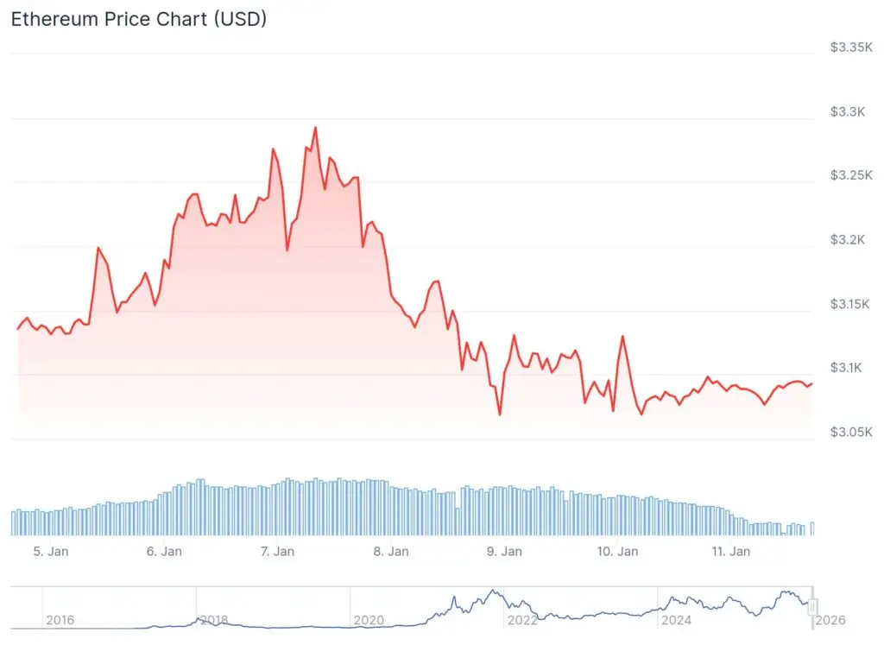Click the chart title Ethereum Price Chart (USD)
point(138,19)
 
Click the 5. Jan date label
point(51,551)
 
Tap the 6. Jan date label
point(164,551)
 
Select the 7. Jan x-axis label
point(277,551)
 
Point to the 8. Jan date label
point(391,551)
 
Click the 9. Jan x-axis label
point(504,551)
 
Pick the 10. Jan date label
point(617,551)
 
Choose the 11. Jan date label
point(730,551)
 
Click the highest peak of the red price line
point(315,128)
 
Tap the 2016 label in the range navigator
point(60,620)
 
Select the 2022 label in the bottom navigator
point(522,620)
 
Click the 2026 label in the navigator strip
point(830,620)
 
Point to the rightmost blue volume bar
point(812,529)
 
